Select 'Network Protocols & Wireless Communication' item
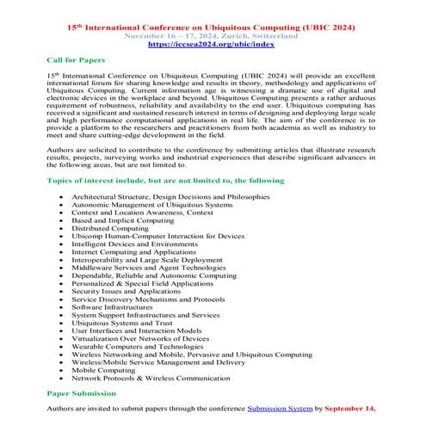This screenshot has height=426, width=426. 154,377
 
